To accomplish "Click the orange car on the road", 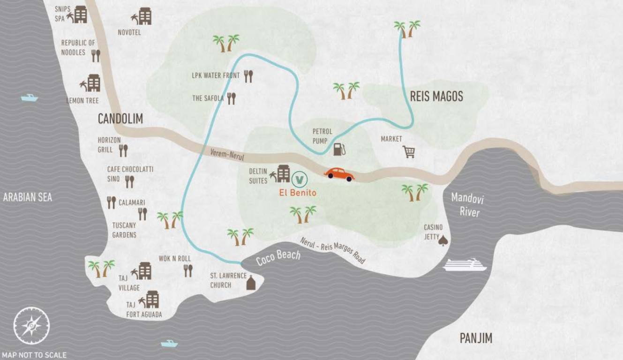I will click(x=339, y=174).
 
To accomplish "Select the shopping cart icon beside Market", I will click(x=409, y=151).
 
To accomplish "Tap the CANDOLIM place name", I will click(x=120, y=119).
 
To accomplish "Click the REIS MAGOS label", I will click(x=436, y=97).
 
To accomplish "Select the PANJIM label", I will click(x=476, y=338).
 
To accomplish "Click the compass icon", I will click(x=31, y=325).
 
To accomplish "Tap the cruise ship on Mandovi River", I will click(x=465, y=265).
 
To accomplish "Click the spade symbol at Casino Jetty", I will click(x=443, y=240).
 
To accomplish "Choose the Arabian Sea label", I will click(x=28, y=197).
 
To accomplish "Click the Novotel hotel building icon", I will click(x=144, y=16).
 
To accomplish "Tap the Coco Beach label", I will click(x=278, y=257).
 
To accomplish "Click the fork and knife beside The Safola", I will click(x=231, y=98).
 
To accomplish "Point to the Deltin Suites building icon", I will click(x=283, y=173).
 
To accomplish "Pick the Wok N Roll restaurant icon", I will click(x=188, y=270).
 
